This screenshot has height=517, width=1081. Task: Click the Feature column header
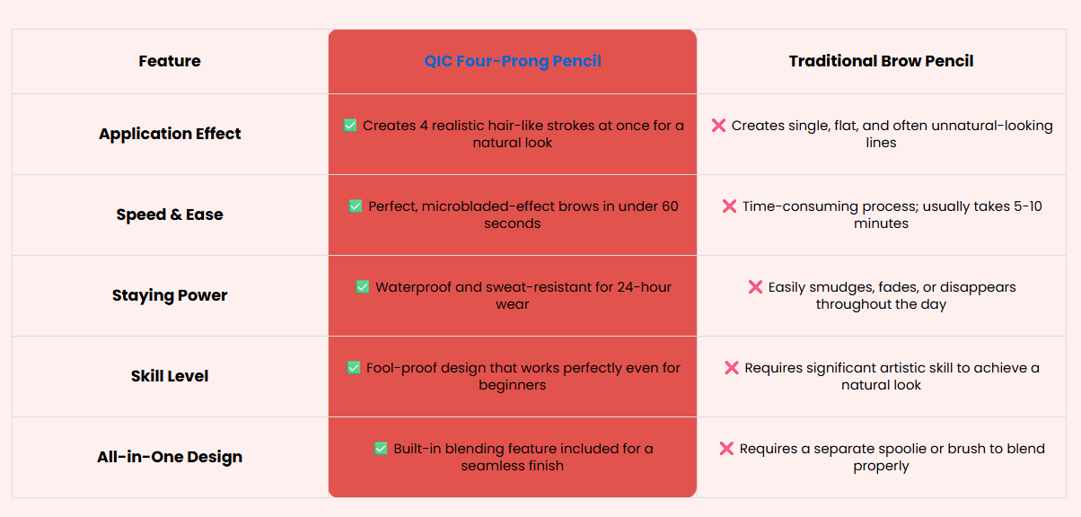point(170,61)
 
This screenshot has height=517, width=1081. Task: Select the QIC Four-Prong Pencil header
point(513,61)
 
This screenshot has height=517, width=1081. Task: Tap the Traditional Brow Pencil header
point(881,61)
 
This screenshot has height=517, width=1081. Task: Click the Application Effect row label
point(170,134)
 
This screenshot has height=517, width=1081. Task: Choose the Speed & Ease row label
point(170,215)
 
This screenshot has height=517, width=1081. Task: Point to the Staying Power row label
point(170,295)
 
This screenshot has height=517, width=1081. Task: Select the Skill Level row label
point(170,376)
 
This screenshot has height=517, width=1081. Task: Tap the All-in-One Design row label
point(170,457)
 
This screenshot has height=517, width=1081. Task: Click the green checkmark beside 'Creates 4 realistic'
point(350,126)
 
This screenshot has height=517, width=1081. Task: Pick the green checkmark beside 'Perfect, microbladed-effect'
point(356,206)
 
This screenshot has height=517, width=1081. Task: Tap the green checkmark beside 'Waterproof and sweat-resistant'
point(363,287)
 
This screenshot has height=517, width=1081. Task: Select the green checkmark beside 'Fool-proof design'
point(354,368)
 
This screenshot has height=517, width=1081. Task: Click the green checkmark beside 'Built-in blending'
point(381,449)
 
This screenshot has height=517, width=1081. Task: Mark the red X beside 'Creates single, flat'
point(718,126)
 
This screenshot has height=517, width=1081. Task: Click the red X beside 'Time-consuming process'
point(729,206)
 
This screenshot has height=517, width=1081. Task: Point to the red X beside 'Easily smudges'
point(755,287)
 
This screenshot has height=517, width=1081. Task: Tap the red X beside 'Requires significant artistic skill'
point(732,368)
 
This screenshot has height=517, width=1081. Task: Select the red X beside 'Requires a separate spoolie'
point(726,449)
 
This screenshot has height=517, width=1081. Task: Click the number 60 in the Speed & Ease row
point(670,206)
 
